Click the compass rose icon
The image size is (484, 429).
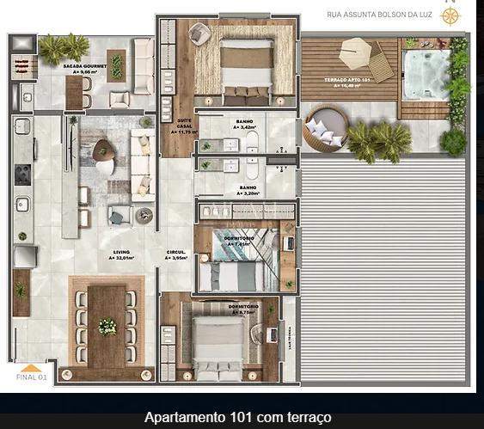[x=450, y=15]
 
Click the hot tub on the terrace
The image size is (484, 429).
[x=427, y=75]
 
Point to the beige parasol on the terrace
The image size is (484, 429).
[x=354, y=53]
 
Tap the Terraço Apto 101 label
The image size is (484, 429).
[x=348, y=82]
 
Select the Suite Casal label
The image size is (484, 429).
[x=184, y=128]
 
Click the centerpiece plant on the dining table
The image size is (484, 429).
[x=107, y=327]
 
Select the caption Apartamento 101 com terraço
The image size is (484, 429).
[x=237, y=418]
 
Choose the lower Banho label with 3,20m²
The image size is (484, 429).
[x=248, y=190]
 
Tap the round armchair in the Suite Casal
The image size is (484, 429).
[x=199, y=33]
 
